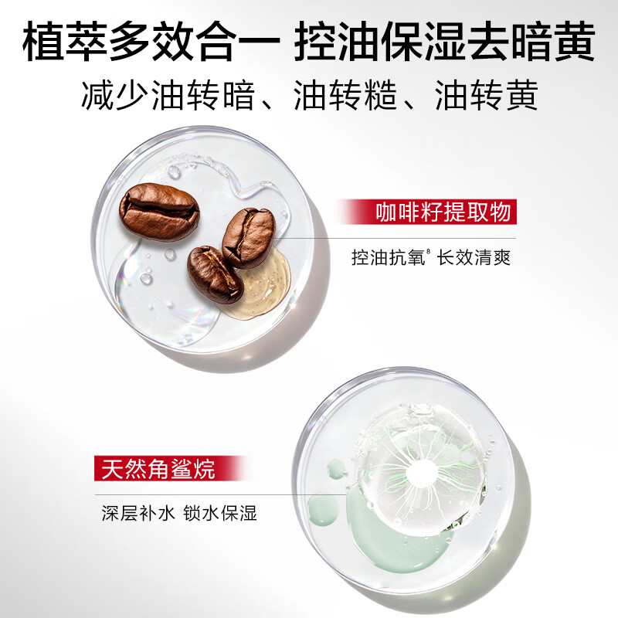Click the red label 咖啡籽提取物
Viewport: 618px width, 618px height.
click(443, 213)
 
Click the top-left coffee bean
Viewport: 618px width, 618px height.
click(160, 212)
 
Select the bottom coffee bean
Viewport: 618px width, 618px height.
click(215, 274)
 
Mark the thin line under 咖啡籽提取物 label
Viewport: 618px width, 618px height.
click(402, 238)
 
